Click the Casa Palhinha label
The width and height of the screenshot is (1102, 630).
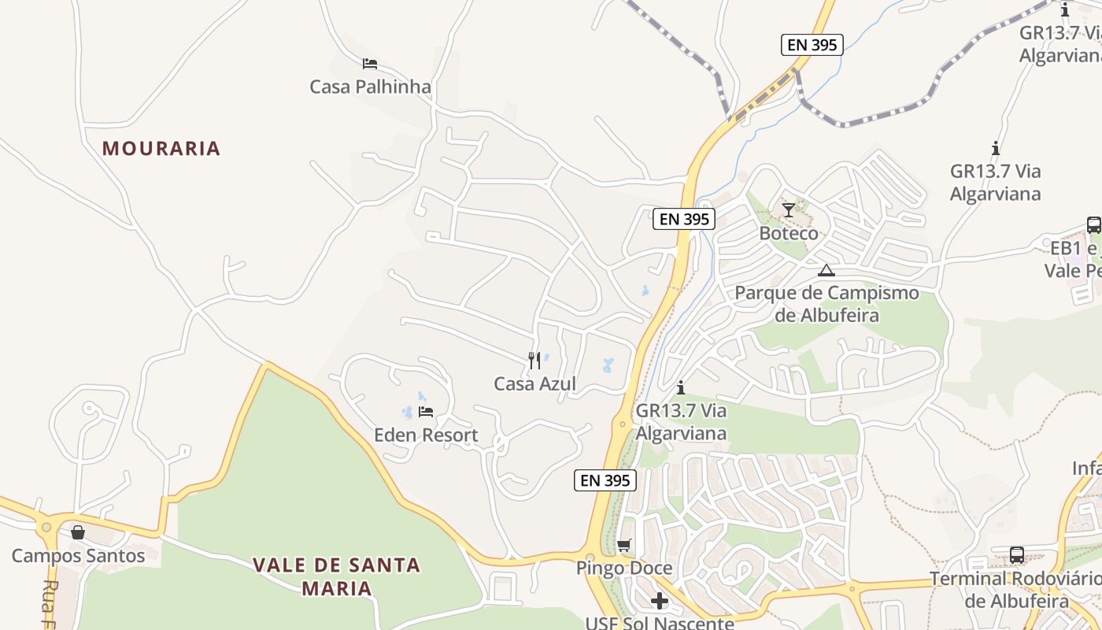tap(370, 87)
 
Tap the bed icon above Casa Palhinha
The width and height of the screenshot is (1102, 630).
tap(370, 63)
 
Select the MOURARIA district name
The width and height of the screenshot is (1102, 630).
tap(161, 148)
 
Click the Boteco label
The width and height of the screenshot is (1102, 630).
tap(789, 233)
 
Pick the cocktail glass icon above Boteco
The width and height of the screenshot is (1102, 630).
tap(789, 210)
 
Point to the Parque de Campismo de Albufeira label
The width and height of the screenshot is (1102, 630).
tap(826, 304)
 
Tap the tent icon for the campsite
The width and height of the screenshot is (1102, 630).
tap(826, 271)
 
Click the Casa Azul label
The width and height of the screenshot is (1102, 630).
tap(534, 384)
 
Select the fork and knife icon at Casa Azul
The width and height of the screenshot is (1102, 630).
tap(534, 361)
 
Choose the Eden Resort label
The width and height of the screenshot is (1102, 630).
tap(426, 435)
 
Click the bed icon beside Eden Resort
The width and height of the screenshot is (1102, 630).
tap(426, 412)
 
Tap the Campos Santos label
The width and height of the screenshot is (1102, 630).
tap(78, 556)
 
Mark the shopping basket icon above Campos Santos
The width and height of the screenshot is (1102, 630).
tap(78, 533)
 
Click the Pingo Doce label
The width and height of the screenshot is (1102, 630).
tap(624, 568)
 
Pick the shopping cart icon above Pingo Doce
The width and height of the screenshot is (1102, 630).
tap(624, 545)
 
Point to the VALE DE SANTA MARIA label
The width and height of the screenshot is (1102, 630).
tap(337, 576)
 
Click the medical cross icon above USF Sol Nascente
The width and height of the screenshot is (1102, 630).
tap(660, 602)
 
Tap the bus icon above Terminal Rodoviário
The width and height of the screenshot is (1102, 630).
tap(1017, 554)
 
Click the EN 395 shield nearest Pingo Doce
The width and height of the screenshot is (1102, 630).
tap(605, 480)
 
